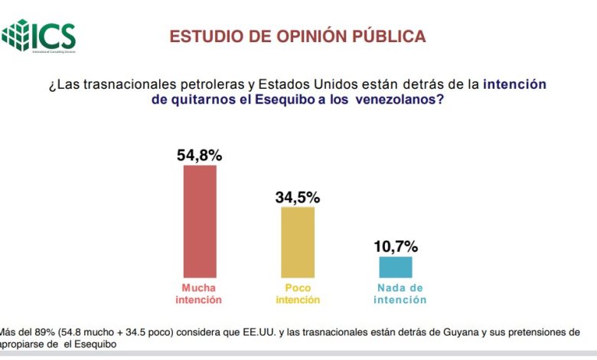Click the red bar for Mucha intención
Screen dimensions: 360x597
[x=200, y=221]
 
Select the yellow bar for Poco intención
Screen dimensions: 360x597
[x=298, y=241]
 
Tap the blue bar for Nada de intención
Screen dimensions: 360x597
[x=396, y=267]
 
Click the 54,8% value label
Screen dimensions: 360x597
[x=200, y=155]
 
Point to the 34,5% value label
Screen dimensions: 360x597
[x=298, y=197]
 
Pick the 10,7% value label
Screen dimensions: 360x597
[x=396, y=246]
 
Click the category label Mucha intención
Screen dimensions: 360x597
[x=201, y=294]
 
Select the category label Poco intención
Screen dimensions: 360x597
[x=298, y=294]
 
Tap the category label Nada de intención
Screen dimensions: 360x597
[x=400, y=294]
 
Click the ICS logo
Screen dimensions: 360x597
[x=39, y=34]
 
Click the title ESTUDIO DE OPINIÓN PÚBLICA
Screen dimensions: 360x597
[x=298, y=36]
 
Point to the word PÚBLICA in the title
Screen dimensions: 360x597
[x=390, y=36]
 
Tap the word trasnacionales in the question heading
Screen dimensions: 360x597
[x=119, y=84]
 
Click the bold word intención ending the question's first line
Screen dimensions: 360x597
[x=515, y=84]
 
